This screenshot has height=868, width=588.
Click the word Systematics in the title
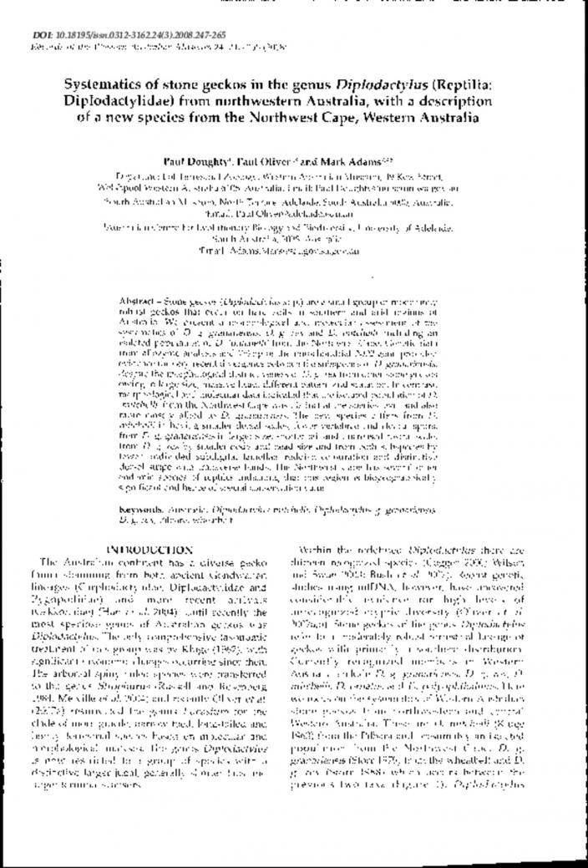coord(102,85)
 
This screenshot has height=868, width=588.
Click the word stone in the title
coord(168,85)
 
